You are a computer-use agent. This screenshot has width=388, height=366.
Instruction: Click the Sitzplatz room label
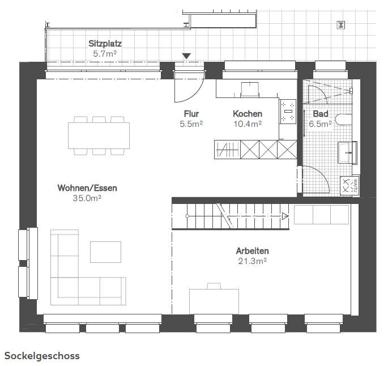tap(105, 44)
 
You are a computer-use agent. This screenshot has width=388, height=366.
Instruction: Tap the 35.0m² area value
tap(87, 198)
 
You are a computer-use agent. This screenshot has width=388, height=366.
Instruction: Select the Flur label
tap(191, 113)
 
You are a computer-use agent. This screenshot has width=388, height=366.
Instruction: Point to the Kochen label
tap(248, 113)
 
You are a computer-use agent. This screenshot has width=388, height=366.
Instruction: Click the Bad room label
tap(321, 113)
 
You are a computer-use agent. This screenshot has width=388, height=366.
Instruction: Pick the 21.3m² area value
tap(253, 261)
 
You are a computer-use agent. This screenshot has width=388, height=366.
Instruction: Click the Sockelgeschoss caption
tap(42, 356)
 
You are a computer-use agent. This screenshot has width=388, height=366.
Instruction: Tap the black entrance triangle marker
tap(186, 56)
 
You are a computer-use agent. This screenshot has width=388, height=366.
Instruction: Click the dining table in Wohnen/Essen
tap(99, 135)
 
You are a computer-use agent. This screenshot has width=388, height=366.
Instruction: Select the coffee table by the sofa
tap(106, 252)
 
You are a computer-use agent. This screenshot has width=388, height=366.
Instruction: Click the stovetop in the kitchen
tap(288, 112)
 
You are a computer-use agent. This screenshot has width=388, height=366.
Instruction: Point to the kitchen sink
tap(250, 89)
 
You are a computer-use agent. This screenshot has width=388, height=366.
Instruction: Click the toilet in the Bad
tap(344, 120)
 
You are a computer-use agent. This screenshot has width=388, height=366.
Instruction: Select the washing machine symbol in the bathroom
tap(349, 186)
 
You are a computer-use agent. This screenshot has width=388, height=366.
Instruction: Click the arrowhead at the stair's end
tap(285, 216)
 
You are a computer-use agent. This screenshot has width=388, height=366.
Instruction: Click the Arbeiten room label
tap(253, 251)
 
